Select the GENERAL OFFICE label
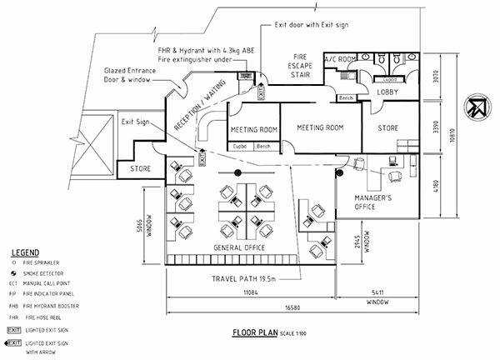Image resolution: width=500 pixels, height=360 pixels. (x=239, y=248)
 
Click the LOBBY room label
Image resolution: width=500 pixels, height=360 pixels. (x=388, y=92)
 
